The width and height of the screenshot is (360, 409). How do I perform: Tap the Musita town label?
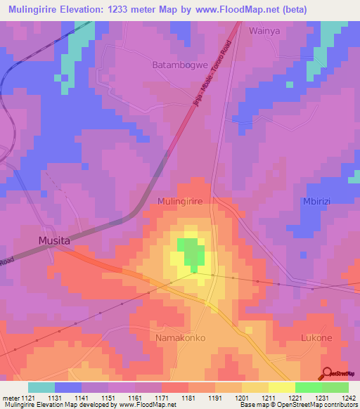click(x=55, y=241)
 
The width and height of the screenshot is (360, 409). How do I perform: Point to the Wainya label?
click(x=264, y=31)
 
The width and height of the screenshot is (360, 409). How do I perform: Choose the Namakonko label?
click(x=180, y=338)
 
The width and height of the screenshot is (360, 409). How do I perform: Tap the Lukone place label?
click(x=316, y=338)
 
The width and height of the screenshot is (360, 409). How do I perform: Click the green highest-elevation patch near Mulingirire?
click(x=190, y=253)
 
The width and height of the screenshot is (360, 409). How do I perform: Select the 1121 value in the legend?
click(x=28, y=397)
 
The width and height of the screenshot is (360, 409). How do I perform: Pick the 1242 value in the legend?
click(x=349, y=397)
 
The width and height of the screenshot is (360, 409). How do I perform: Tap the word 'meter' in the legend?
click(x=10, y=397)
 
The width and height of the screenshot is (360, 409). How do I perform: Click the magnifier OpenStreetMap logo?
click(x=327, y=373)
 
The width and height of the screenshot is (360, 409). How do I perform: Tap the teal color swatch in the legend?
click(x=41, y=387)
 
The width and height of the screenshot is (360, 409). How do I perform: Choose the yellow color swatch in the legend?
click(x=282, y=387)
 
